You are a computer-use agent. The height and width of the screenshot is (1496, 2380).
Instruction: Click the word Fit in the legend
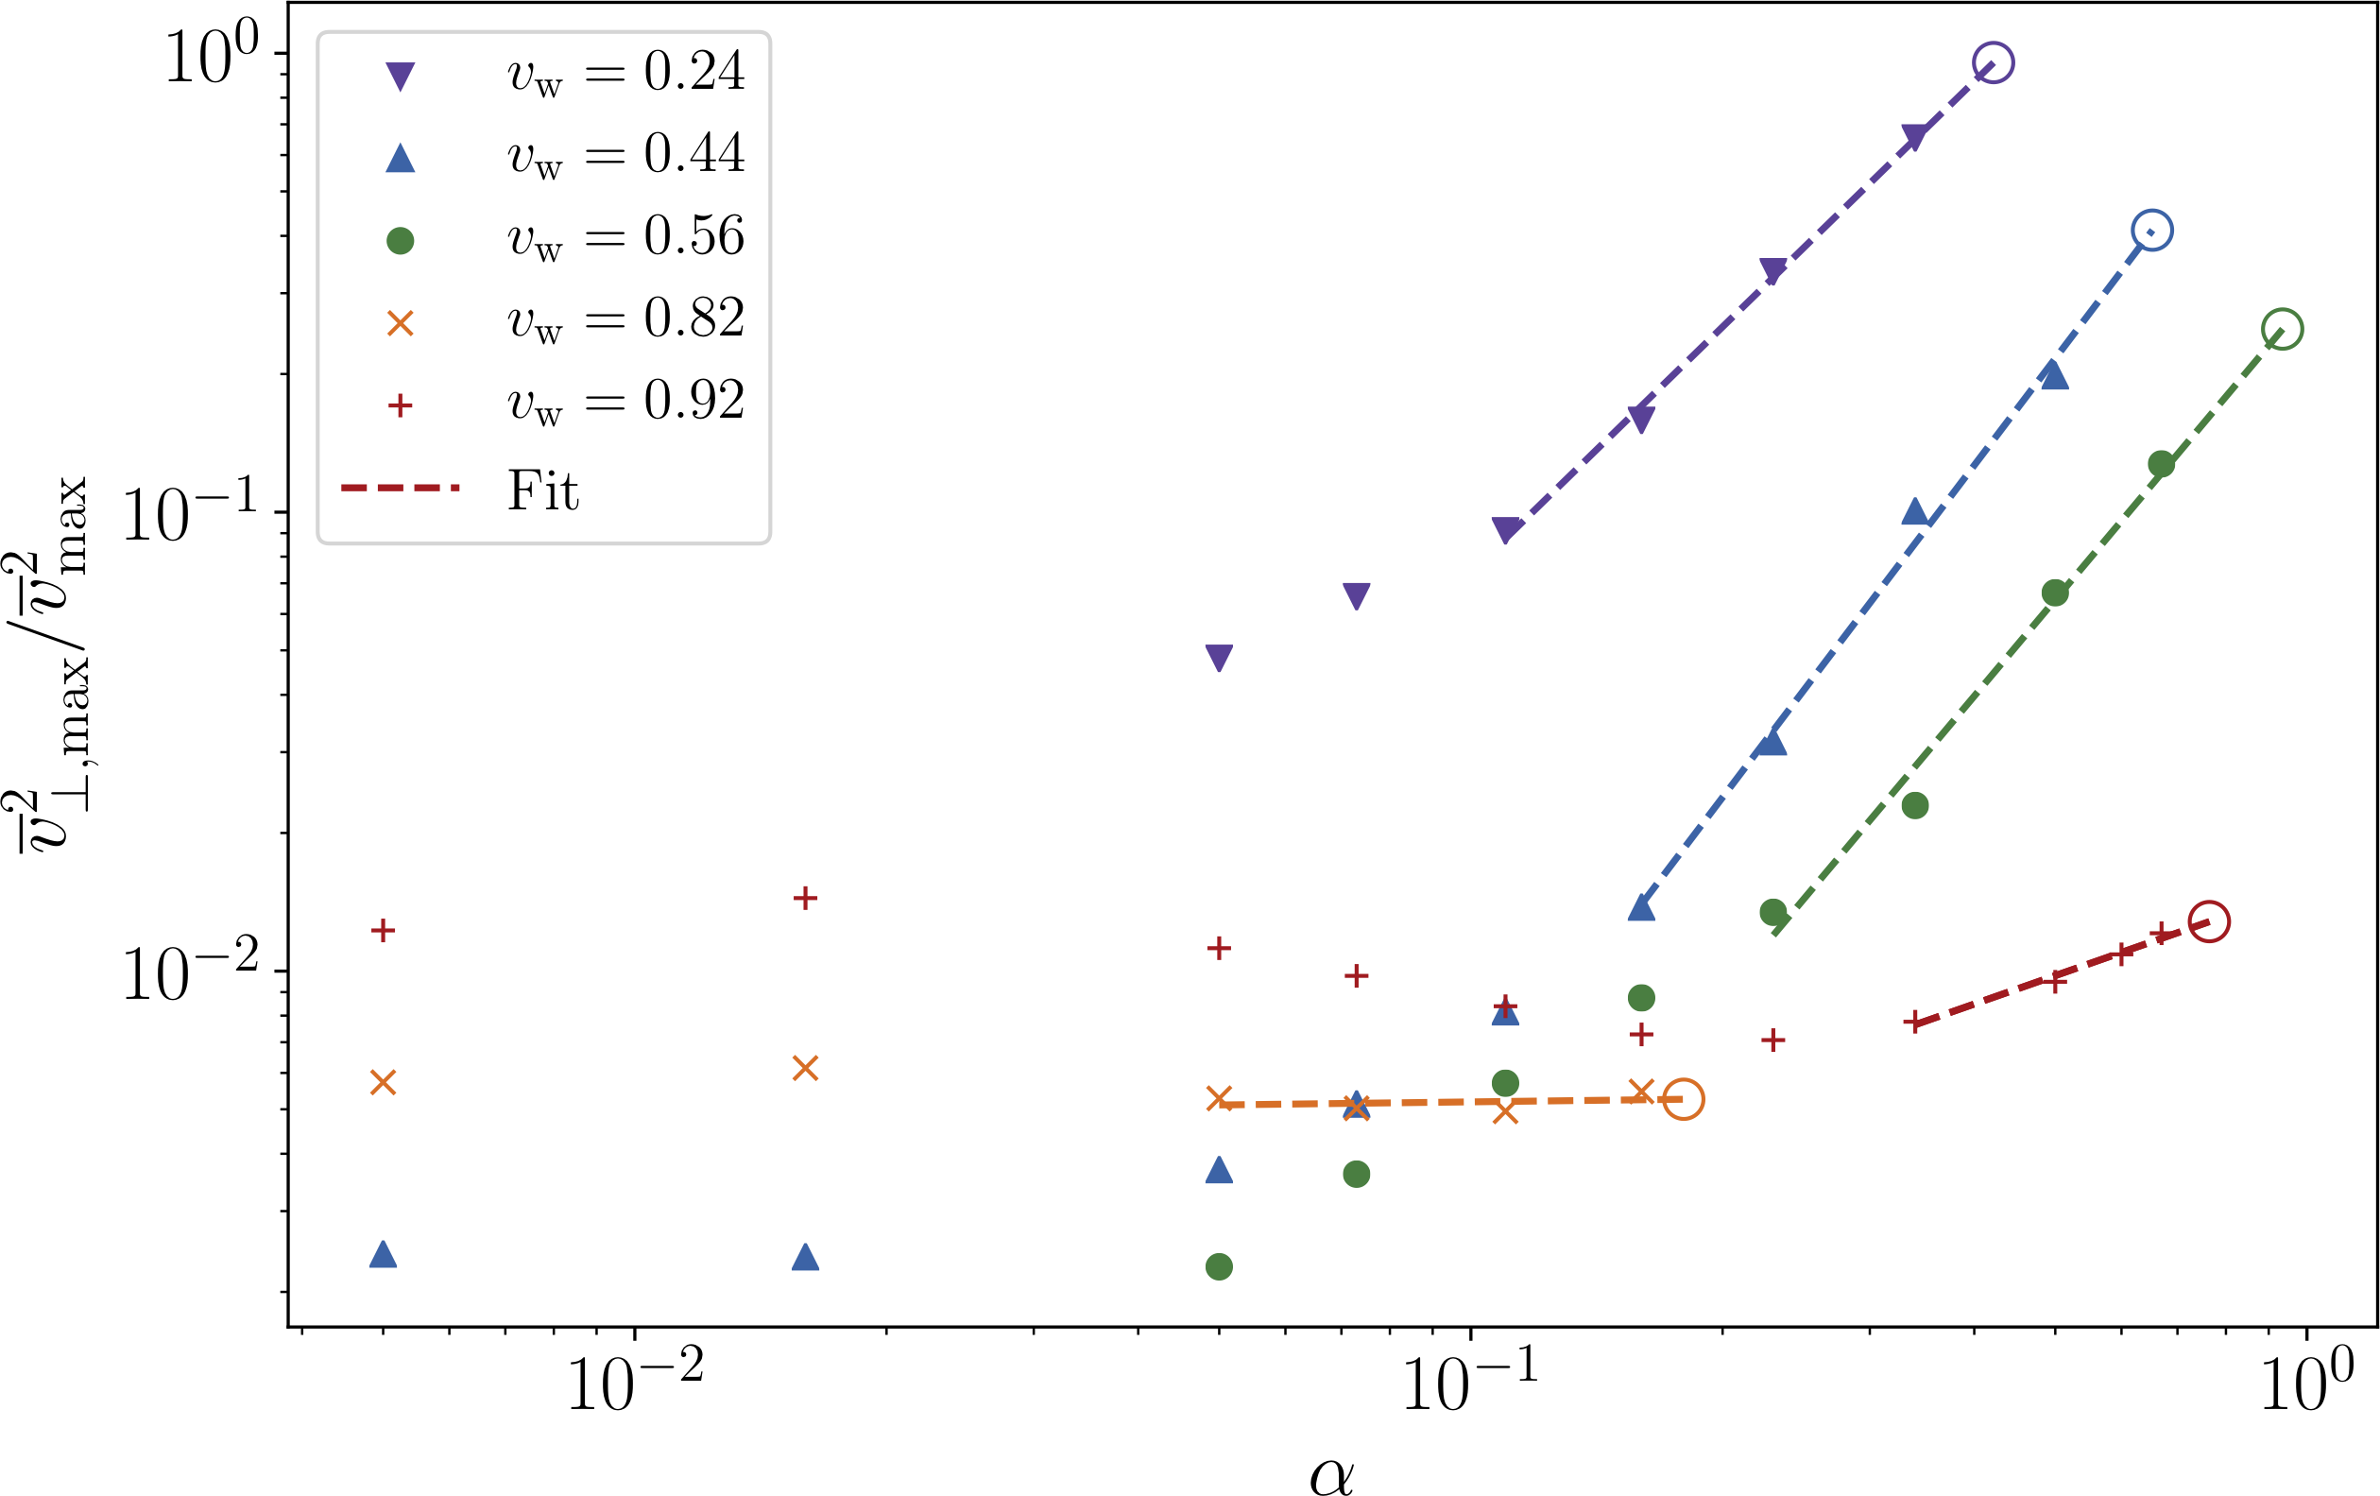coord(542,490)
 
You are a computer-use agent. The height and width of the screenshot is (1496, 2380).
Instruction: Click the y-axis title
coord(51,662)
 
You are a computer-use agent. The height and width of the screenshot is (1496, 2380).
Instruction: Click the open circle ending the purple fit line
coord(1993,63)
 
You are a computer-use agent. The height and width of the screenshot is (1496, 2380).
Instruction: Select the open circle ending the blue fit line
coord(2152,231)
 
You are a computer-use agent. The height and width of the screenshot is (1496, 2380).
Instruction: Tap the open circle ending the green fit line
coord(2282,328)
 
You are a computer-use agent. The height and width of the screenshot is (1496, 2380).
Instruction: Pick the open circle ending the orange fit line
coord(1684,1099)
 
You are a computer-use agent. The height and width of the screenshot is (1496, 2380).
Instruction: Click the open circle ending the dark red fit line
coord(2209,921)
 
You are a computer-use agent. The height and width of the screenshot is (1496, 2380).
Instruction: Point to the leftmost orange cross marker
coord(383,1083)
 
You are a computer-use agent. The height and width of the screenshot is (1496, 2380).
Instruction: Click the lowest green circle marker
coord(1219,1266)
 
